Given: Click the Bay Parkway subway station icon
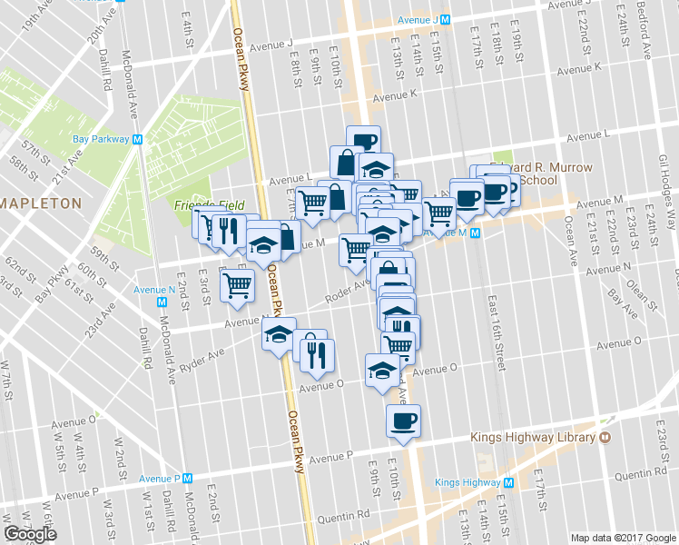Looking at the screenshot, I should coord(137,140).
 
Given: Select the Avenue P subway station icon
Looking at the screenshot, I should coord(189,478).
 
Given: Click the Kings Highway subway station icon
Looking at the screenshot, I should coord(508,482).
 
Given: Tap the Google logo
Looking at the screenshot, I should coord(30,534).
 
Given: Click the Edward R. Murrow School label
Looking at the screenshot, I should coord(542,174).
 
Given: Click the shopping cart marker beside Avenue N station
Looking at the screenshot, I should coord(238,285).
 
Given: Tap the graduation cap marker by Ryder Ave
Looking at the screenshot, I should coord(280,335).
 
